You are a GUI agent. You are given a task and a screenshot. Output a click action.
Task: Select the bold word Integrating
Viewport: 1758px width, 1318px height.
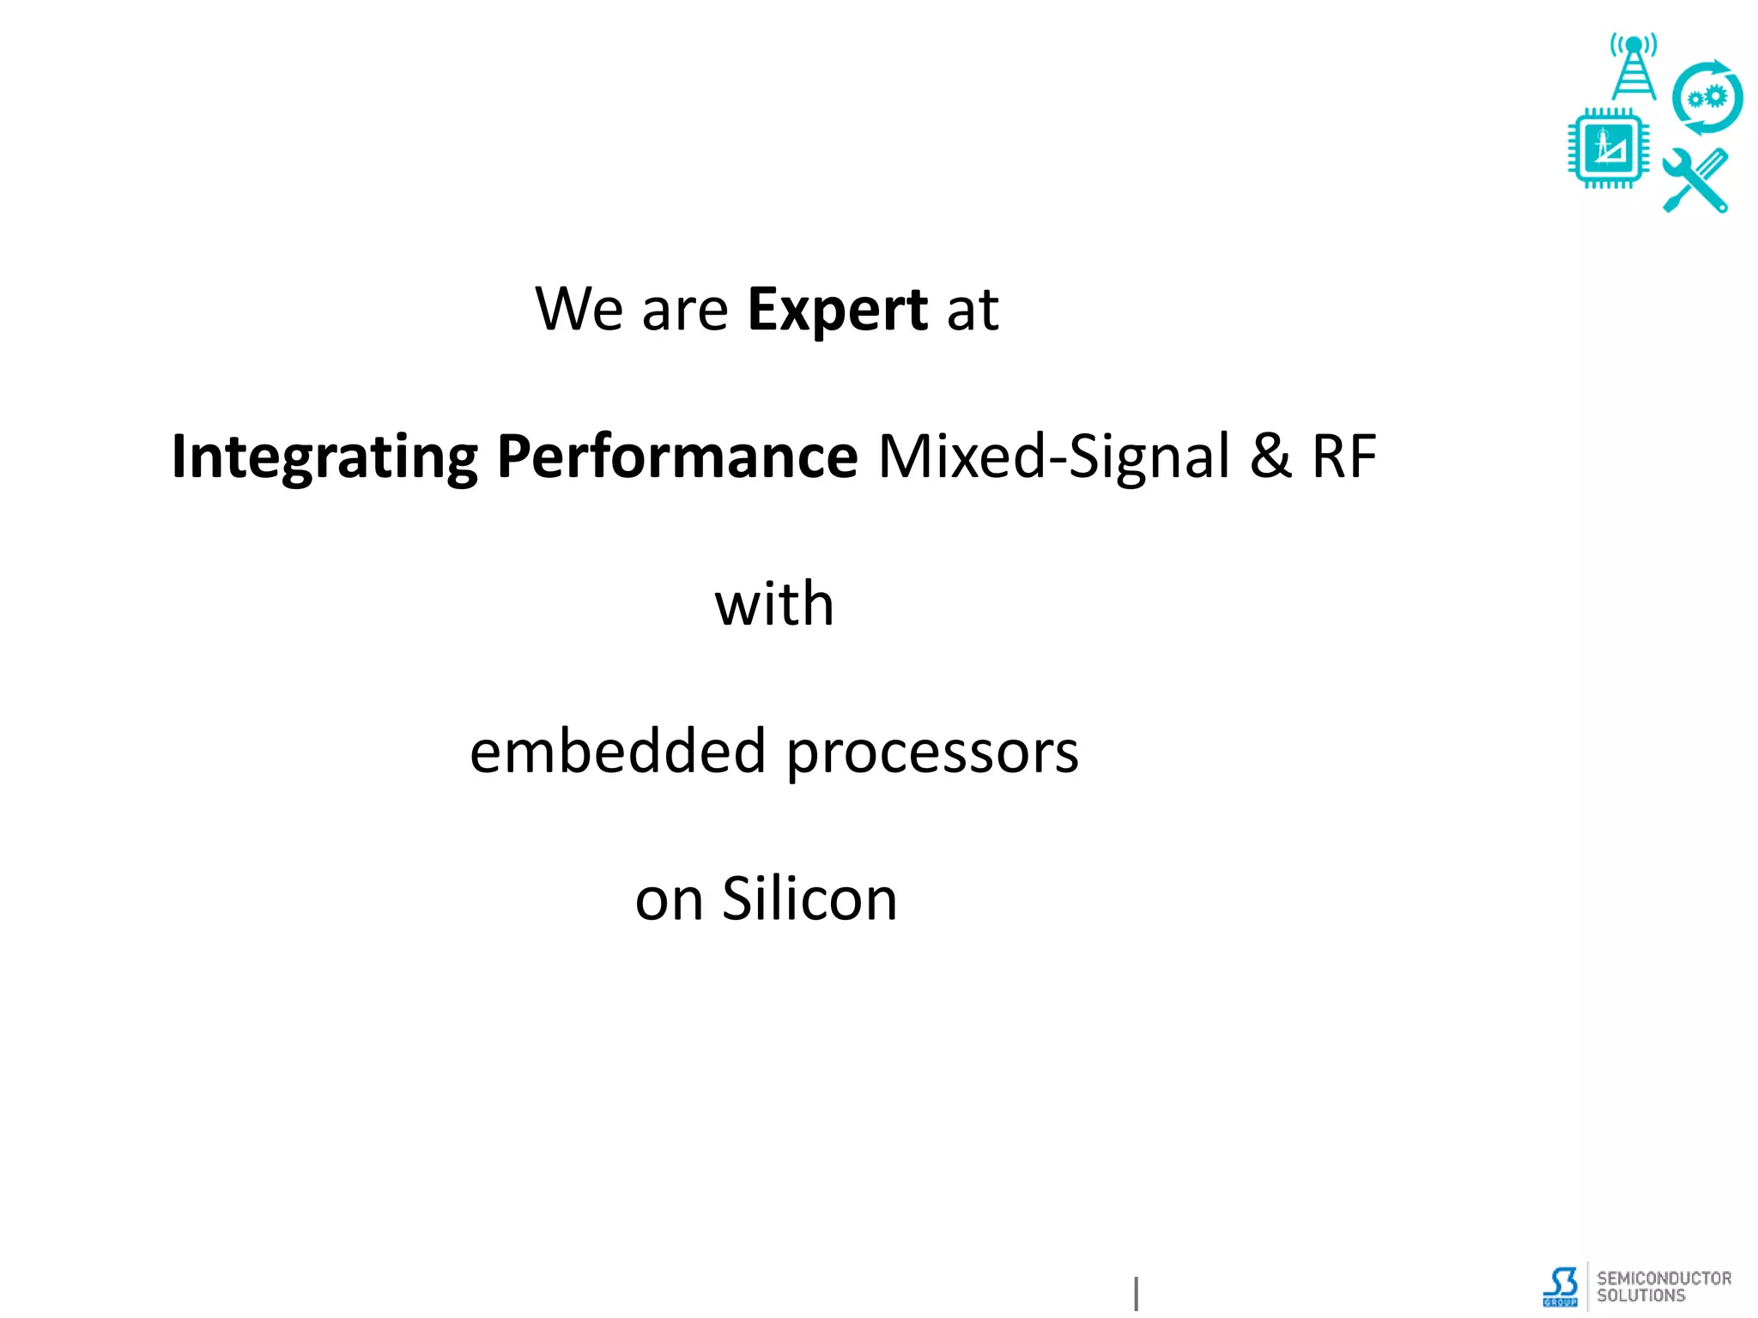[324, 457]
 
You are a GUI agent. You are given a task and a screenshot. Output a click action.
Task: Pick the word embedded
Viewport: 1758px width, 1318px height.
[618, 752]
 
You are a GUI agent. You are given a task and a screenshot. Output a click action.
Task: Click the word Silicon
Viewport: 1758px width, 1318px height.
[809, 899]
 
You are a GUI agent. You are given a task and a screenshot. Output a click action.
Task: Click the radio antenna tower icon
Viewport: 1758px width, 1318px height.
[1634, 67]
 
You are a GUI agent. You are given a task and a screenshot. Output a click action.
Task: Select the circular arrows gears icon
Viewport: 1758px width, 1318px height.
[1706, 98]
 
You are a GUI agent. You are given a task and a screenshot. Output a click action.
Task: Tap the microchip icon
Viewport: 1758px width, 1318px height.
[1608, 148]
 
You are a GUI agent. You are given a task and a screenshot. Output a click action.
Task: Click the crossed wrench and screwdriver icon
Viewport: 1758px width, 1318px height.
[1695, 180]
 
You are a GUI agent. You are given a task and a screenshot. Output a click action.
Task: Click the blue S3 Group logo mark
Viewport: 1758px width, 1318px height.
[1561, 1286]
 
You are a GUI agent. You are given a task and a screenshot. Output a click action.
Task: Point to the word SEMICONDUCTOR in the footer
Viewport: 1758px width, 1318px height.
[1664, 1279]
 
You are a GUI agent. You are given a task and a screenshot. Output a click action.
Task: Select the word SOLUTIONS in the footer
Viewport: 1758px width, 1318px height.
[1640, 1296]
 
